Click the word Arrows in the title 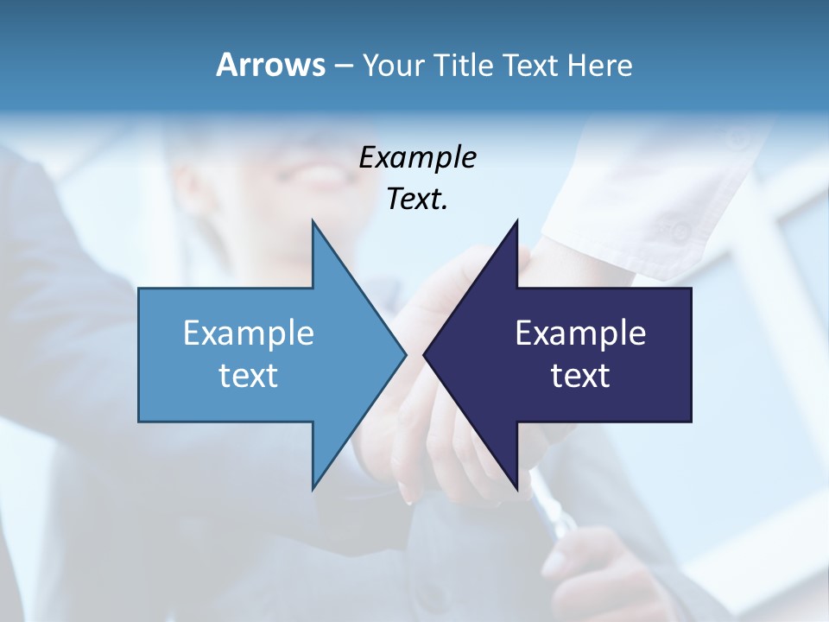click(269, 65)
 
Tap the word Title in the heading click(464, 65)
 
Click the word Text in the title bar click(531, 65)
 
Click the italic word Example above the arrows click(417, 158)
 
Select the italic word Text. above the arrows click(417, 200)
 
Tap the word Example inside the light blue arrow click(249, 333)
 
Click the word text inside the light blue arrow click(249, 376)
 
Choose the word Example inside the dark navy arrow click(580, 333)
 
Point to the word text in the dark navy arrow click(580, 376)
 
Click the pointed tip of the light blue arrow click(406, 354)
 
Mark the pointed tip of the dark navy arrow click(424, 354)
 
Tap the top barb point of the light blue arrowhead click(313, 220)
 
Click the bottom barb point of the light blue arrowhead click(313, 489)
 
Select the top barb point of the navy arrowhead click(516, 220)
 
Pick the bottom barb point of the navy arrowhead click(516, 489)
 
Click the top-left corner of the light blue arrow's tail click(139, 288)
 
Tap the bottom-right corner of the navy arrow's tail click(691, 422)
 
